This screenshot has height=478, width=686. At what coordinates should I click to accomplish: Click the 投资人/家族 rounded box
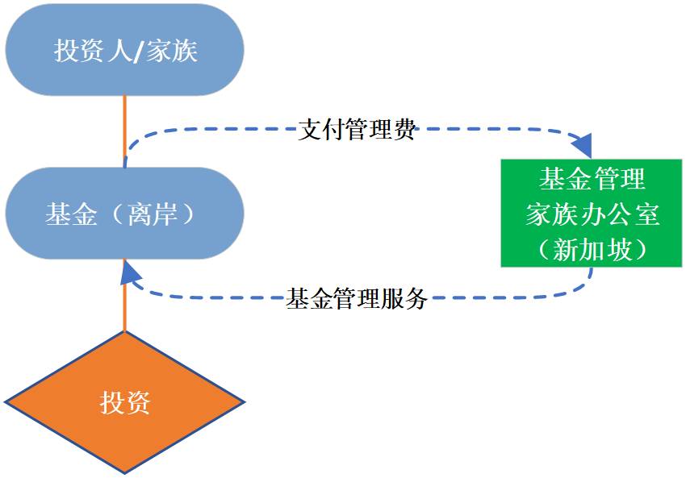[125, 51]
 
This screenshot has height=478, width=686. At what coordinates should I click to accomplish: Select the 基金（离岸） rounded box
[125, 214]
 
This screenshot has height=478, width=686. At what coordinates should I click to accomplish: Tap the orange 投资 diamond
[125, 401]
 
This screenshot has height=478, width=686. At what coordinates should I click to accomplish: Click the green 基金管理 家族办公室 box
[592, 213]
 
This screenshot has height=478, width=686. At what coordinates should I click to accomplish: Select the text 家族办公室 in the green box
[592, 214]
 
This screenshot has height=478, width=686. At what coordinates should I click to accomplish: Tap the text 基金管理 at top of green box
[592, 179]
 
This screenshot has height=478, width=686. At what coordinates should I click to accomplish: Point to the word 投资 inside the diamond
[125, 401]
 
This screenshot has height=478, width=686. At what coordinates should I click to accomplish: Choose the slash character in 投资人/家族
[138, 52]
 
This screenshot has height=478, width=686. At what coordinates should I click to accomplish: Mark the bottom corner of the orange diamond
[125, 472]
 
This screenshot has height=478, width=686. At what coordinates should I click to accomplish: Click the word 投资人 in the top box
[92, 52]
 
